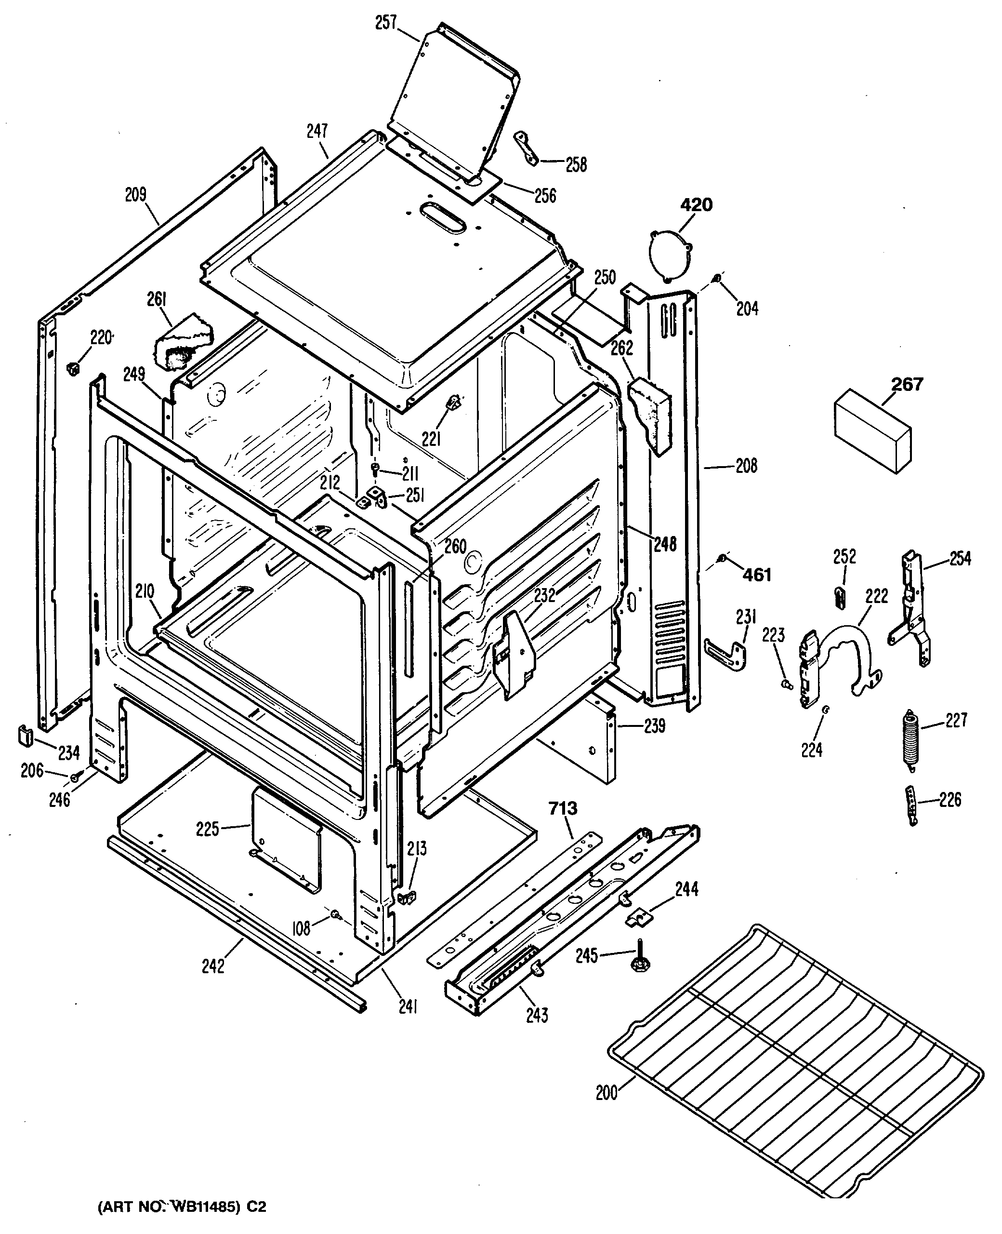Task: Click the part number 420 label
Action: click(697, 205)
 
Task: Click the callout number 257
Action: click(386, 24)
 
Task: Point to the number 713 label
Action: click(563, 808)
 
